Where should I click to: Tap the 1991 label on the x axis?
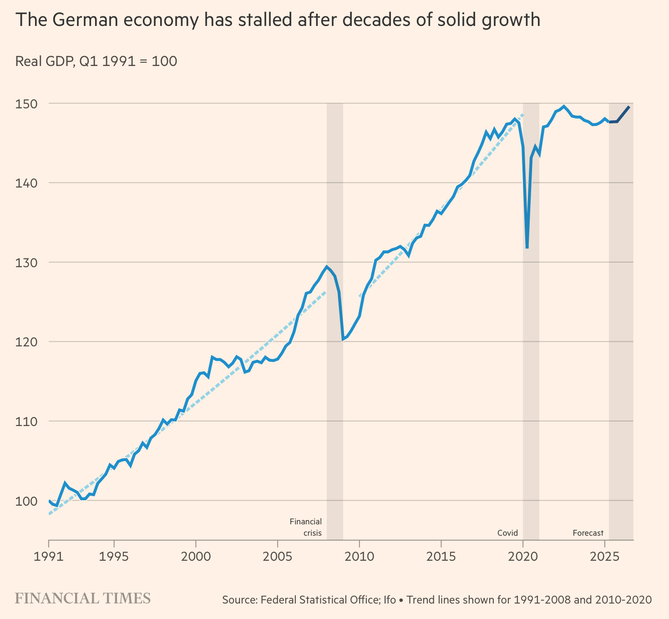pos(48,557)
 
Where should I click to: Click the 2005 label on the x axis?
pos(277,557)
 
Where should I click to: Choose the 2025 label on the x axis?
pos(604,557)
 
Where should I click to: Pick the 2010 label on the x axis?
pos(359,557)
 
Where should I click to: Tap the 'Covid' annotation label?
pos(507,533)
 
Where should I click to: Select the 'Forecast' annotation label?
pos(588,533)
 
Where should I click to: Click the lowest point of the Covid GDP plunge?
pos(527,248)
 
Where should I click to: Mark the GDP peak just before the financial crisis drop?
pos(327,267)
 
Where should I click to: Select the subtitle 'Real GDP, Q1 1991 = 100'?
pos(96,61)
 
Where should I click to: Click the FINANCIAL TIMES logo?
pos(83,599)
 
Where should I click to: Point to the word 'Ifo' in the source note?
pos(390,600)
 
